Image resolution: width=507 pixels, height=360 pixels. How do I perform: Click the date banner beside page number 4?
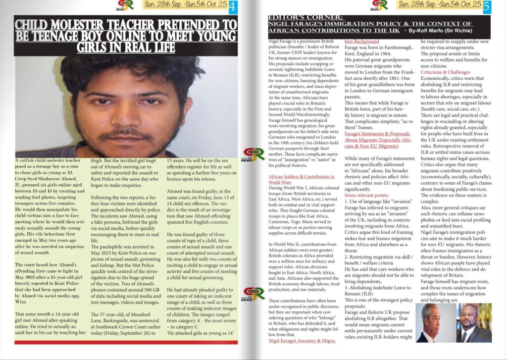point(186,5)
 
